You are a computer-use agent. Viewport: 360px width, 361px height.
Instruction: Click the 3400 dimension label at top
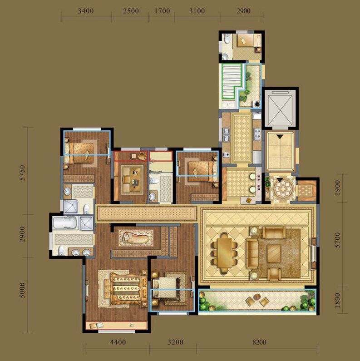(86, 11)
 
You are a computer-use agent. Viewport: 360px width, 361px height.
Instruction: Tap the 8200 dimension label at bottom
(259, 342)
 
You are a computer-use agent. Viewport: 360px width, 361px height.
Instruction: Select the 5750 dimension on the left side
(22, 173)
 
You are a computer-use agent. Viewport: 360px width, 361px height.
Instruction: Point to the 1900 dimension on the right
(337, 188)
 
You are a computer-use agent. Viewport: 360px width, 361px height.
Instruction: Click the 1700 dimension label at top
(162, 11)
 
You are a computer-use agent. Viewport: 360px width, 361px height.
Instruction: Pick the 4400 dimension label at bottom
(118, 342)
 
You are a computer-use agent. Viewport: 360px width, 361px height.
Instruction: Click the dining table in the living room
(225, 253)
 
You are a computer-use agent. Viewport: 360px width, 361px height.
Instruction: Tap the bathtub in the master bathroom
(64, 223)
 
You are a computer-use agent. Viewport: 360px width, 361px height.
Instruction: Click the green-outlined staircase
(231, 81)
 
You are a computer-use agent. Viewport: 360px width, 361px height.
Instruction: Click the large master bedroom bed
(126, 289)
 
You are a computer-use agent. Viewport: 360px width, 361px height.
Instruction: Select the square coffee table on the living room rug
(274, 253)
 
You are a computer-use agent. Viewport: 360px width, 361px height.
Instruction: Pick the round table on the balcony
(256, 297)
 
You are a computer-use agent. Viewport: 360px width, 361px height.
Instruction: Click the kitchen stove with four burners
(257, 134)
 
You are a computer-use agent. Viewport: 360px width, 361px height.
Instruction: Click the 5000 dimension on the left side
(22, 291)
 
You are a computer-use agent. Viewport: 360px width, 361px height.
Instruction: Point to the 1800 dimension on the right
(337, 300)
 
